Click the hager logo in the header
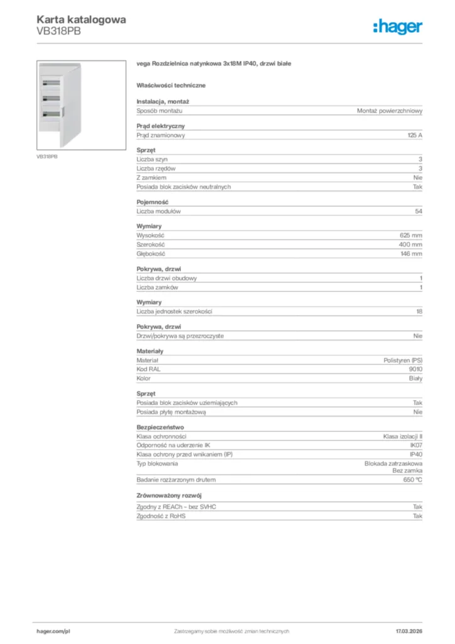click(x=397, y=26)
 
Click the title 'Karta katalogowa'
click(x=80, y=19)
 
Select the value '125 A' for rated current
click(x=414, y=135)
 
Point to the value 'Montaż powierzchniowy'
click(x=389, y=111)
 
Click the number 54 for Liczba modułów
click(x=419, y=211)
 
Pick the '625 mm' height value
click(x=411, y=235)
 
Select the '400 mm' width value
click(x=410, y=245)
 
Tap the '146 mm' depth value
click(x=411, y=253)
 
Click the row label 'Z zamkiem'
click(x=151, y=178)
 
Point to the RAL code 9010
click(x=415, y=370)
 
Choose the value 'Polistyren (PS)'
click(x=403, y=360)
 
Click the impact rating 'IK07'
click(x=415, y=445)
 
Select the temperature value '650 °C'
click(x=412, y=480)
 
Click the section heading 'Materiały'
click(x=150, y=351)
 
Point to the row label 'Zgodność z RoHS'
click(x=162, y=516)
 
